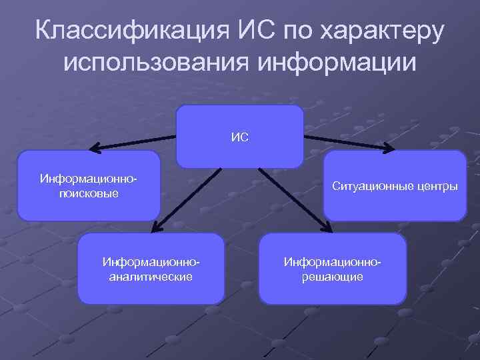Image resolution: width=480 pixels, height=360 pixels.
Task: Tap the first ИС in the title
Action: [252, 32]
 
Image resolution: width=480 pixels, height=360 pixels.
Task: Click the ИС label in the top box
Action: [240, 137]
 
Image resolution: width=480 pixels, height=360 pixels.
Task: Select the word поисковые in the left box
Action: [89, 193]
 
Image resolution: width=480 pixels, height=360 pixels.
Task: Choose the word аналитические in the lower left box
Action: [151, 276]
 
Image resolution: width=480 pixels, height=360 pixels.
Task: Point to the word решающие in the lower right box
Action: [333, 276]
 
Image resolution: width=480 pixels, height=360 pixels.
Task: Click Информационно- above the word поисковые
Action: [89, 180]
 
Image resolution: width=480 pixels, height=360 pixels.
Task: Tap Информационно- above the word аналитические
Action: [151, 263]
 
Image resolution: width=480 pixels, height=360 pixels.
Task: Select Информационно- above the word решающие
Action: [333, 263]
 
